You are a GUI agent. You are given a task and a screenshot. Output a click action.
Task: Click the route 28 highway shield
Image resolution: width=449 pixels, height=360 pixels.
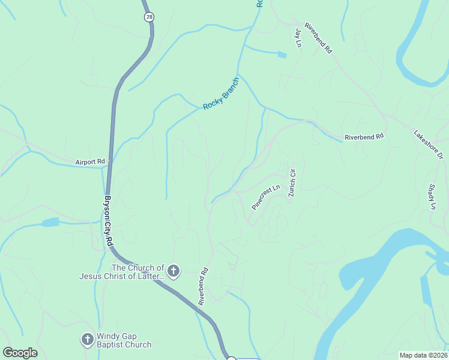click(149, 17)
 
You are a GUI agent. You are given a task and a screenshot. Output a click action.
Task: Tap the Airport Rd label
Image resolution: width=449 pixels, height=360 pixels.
click(90, 162)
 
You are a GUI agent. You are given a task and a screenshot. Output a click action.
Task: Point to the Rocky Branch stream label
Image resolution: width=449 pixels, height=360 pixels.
click(221, 97)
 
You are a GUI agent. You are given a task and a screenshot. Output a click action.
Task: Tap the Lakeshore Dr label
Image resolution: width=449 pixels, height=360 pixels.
click(428, 145)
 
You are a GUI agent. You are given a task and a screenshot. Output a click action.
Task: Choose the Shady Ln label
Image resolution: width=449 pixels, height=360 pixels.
click(432, 196)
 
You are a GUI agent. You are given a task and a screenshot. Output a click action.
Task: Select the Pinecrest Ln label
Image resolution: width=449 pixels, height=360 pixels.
click(266, 196)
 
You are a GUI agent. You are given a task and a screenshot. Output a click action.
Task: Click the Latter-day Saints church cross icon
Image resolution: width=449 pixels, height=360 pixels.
click(173, 271)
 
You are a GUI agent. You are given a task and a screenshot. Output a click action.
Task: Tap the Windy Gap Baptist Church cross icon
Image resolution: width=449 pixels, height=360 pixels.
click(87, 340)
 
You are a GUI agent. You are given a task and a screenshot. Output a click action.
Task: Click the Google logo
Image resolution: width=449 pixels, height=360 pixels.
click(20, 353)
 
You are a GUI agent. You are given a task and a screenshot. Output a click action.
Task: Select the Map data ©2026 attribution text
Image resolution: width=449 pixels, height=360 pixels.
click(423, 355)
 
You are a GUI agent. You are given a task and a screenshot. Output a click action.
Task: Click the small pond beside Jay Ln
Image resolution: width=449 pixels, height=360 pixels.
click(282, 55)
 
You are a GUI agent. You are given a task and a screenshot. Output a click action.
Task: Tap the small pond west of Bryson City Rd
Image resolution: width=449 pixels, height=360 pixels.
click(50, 222)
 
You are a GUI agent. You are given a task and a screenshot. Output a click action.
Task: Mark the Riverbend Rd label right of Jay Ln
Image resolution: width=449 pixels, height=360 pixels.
click(318, 38)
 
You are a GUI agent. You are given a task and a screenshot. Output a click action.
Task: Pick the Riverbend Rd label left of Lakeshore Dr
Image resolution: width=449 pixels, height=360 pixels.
click(364, 137)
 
